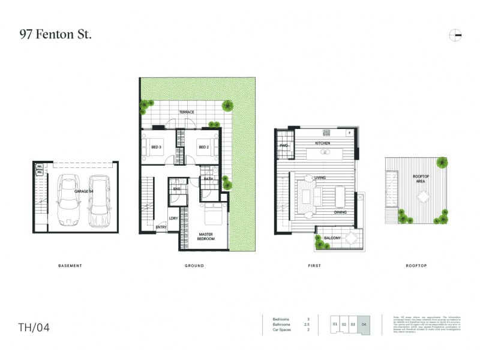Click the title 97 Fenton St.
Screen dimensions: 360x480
point(55,35)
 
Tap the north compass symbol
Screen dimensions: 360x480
point(455,35)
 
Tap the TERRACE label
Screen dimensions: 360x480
point(187,112)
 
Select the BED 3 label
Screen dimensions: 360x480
point(156,147)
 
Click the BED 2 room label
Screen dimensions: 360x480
point(203,147)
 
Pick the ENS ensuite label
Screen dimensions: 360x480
point(177,190)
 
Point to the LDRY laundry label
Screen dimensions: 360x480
point(173,218)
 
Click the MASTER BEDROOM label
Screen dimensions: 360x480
point(206,236)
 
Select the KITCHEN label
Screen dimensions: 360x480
point(323,143)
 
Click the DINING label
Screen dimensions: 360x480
point(341,212)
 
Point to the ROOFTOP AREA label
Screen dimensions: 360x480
point(421,178)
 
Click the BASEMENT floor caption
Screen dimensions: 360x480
point(70,266)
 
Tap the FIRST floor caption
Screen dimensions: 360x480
point(314,266)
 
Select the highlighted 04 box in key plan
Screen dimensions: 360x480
point(364,324)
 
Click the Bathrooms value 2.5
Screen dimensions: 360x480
point(308,325)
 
